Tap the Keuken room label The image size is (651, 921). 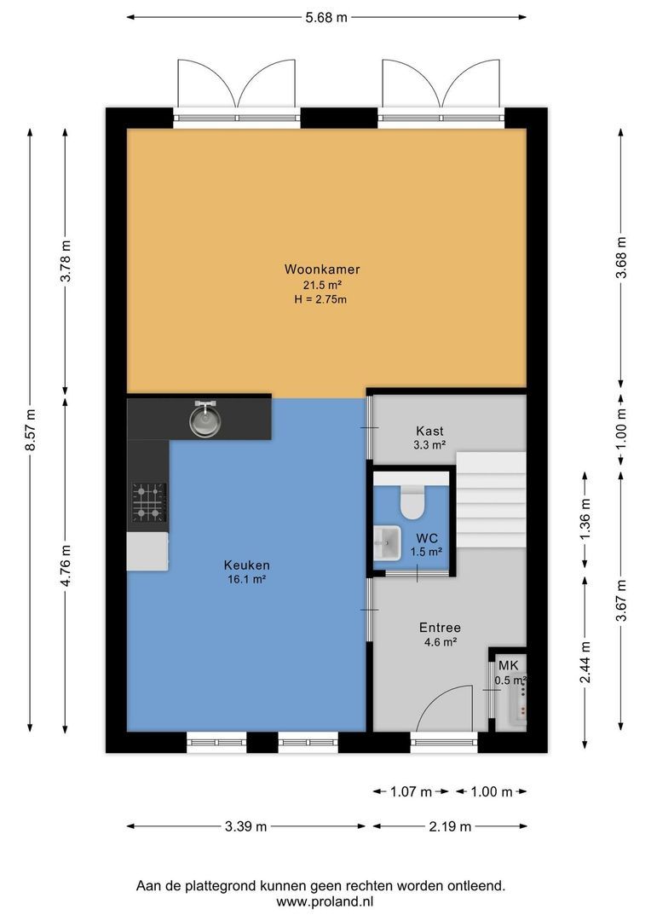246,565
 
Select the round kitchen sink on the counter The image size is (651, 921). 205,420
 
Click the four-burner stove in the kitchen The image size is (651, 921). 148,502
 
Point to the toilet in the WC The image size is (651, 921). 412,502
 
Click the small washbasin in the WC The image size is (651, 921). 389,543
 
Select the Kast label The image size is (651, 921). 429,432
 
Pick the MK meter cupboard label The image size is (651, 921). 509,665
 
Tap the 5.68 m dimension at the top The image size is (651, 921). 326,16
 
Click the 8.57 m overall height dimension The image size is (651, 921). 30,430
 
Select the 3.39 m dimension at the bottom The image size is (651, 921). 245,825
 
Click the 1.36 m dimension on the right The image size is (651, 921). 585,516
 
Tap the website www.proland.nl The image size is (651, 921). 325,901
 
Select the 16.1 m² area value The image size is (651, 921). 246,579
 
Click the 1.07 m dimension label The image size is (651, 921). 412,791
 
